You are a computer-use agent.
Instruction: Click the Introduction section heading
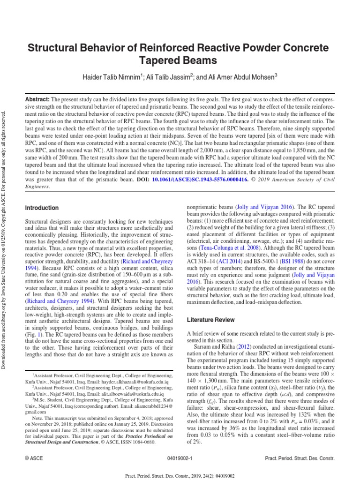pyautogui.click(x=42, y=208)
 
